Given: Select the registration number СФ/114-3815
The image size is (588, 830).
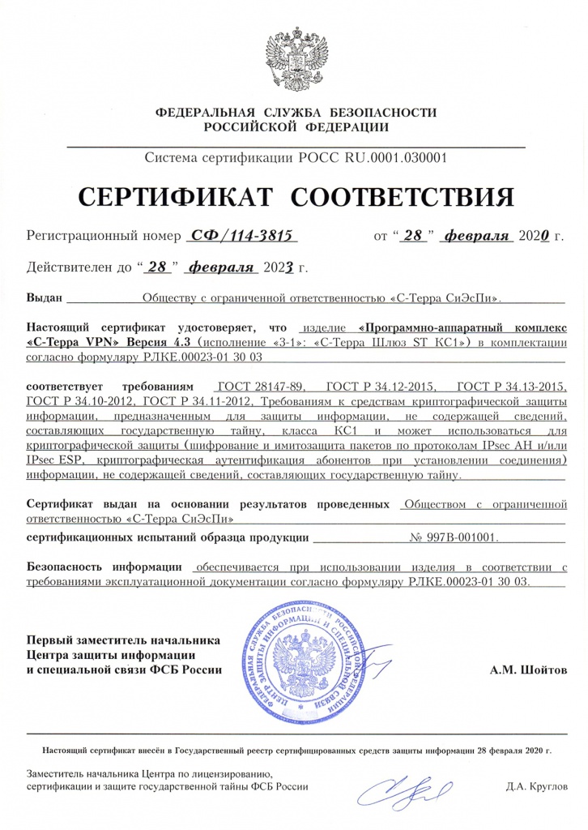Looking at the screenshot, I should [243, 236].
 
